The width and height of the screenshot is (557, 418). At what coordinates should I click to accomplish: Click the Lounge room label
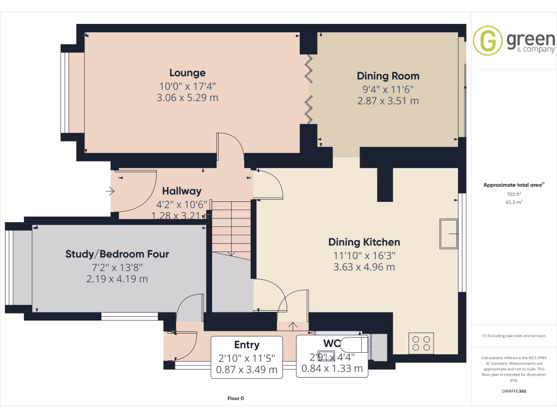pos(187,73)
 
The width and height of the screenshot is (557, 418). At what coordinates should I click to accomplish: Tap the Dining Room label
pos(388,76)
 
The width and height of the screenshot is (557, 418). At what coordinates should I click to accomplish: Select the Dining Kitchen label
pos(364,242)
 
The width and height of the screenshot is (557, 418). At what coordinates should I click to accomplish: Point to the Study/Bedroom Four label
pos(117,254)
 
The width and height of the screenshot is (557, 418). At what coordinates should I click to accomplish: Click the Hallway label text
pos(182,191)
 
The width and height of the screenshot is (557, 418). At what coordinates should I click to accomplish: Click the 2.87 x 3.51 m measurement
pos(388,101)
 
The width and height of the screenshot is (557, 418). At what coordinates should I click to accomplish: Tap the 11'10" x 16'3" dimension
pos(364,255)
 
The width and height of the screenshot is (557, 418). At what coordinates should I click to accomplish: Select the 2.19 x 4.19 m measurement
pos(117,279)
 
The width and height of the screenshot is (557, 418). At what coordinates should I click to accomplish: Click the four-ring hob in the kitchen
pos(421,343)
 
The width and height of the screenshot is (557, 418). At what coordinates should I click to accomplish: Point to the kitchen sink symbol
pos(449,233)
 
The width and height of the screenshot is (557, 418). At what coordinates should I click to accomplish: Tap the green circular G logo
pos(487,40)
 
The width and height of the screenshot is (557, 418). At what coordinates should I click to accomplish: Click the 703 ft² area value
pos(514,194)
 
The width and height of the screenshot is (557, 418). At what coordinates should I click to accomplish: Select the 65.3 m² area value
pos(514,202)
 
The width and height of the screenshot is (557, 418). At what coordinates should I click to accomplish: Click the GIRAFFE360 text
pos(513,391)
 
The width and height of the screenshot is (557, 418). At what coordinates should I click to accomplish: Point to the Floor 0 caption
pos(236,398)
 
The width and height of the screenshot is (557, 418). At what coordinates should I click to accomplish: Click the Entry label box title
pos(246,345)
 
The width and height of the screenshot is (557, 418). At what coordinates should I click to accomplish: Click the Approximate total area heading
pos(512,185)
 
